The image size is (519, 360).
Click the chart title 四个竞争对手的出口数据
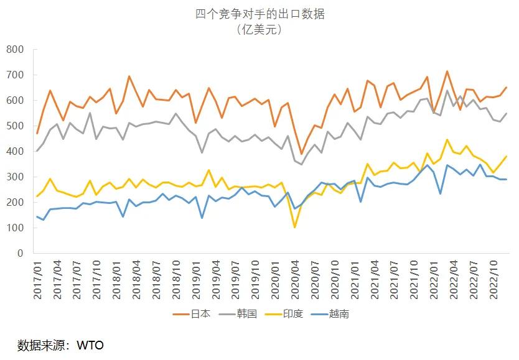point(259,14)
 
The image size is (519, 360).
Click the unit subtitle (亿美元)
point(259,29)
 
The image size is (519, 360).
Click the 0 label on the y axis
point(20,254)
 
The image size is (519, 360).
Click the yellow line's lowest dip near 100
point(294,227)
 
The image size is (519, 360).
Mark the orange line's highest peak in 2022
point(447,72)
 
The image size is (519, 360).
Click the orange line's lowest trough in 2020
point(301,154)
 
